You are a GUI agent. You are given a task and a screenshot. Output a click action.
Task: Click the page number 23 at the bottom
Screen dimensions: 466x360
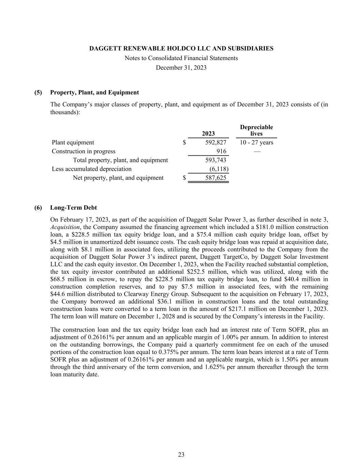tap(181, 454)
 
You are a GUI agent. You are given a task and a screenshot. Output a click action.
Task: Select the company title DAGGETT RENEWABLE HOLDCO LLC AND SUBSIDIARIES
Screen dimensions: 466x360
tap(181, 48)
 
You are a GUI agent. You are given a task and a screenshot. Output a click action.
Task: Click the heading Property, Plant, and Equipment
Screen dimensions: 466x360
tap(94, 93)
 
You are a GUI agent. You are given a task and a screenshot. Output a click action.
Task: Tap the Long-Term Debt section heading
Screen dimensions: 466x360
tap(73, 208)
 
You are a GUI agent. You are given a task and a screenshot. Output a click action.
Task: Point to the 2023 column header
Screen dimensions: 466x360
tap(208, 133)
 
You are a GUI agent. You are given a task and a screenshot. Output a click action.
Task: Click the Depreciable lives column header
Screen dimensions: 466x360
tap(256, 130)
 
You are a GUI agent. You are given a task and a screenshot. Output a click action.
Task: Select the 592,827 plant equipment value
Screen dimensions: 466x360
tap(216, 142)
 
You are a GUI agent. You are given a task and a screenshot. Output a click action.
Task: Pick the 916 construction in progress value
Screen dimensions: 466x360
tap(221, 151)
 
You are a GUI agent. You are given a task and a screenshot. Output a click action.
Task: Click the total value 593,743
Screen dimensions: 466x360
tap(216, 160)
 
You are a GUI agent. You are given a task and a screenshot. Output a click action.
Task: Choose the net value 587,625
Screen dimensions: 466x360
tap(216, 178)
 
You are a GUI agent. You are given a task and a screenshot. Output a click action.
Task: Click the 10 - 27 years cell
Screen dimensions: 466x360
tap(256, 142)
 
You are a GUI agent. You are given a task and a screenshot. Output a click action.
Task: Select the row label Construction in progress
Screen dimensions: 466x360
tap(84, 151)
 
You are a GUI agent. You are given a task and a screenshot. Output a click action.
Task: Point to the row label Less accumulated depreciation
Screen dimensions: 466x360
tap(91, 169)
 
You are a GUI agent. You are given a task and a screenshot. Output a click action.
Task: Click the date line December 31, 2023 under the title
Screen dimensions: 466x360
tap(181, 68)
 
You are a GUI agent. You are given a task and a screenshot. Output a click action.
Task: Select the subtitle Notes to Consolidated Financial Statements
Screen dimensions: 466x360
tap(181, 58)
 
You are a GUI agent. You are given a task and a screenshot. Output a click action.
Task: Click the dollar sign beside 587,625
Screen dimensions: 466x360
tap(184, 178)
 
